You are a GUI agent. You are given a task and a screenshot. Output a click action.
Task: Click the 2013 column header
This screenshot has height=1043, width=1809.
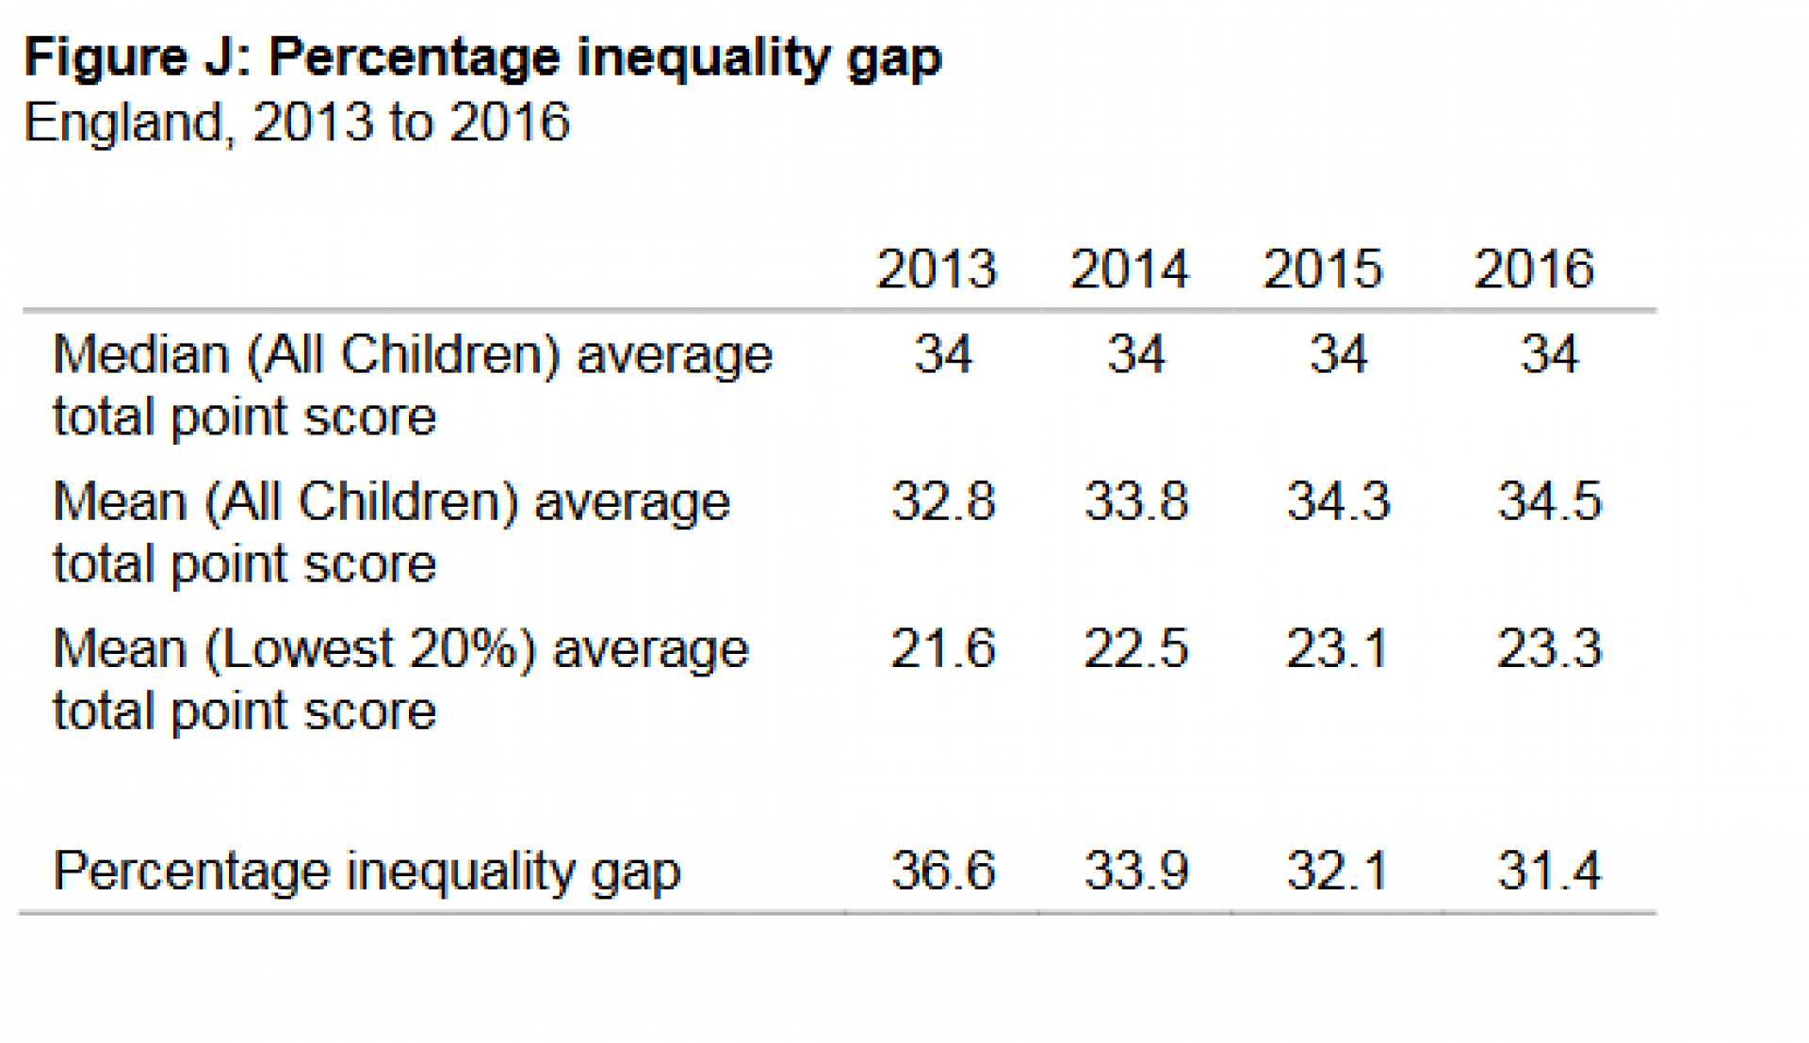tap(936, 269)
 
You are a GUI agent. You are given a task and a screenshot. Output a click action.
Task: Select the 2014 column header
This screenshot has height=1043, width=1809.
tap(1129, 269)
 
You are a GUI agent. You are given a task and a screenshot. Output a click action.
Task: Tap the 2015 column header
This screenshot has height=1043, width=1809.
tap(1322, 269)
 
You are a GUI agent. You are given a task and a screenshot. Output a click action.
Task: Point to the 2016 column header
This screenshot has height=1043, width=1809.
tap(1533, 269)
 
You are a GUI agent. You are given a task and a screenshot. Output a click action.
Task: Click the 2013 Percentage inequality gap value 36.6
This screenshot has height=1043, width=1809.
tap(943, 870)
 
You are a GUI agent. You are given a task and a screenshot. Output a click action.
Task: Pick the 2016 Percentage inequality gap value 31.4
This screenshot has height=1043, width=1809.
tap(1549, 870)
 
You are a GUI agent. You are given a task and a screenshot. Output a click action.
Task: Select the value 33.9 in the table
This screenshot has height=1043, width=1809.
tap(1135, 870)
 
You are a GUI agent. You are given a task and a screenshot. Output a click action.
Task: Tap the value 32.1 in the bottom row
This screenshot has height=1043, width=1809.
tap(1337, 870)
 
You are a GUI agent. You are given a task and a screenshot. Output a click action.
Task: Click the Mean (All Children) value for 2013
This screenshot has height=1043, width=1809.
tap(943, 500)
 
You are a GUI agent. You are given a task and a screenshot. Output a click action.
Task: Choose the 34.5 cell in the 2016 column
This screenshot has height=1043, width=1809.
tap(1549, 500)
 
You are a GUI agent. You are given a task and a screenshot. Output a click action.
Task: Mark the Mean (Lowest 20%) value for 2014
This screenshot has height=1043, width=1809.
tap(1135, 649)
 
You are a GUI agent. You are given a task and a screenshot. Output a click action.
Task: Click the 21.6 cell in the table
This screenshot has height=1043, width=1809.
tap(943, 649)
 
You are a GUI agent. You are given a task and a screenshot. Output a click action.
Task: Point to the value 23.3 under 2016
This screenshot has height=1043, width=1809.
tap(1549, 649)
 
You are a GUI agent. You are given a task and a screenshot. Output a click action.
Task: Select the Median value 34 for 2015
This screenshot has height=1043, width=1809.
tap(1337, 355)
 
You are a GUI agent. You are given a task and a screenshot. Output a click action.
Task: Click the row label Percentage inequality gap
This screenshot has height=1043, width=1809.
tap(367, 872)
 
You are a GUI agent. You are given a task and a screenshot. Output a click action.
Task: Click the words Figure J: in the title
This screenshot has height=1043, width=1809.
tap(138, 58)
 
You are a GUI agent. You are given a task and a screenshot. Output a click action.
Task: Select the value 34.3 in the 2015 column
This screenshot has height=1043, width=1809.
tap(1337, 500)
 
